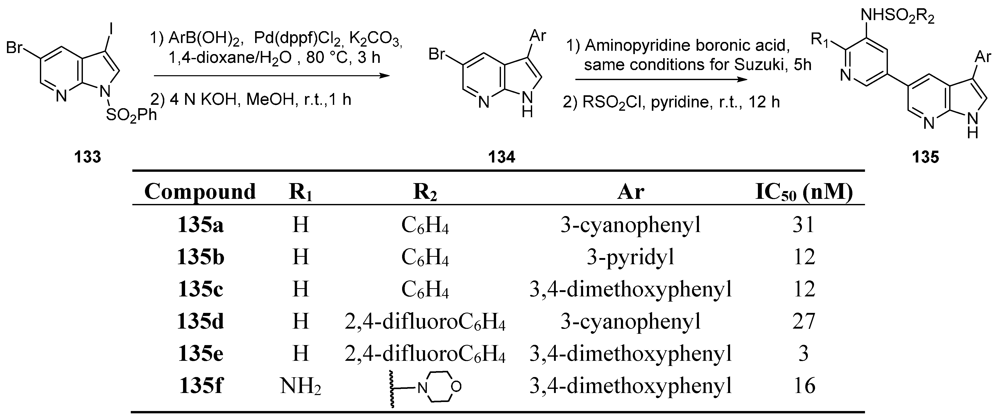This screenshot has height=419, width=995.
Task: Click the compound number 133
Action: (x=88, y=157)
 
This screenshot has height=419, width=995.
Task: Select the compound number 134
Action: (x=501, y=157)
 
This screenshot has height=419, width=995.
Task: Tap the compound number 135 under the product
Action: (x=925, y=157)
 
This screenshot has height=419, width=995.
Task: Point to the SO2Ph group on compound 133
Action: (x=131, y=115)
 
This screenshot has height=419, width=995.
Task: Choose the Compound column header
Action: (x=200, y=191)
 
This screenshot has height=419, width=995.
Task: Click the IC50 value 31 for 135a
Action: (x=803, y=225)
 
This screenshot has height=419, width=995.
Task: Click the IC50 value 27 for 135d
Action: (x=803, y=321)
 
